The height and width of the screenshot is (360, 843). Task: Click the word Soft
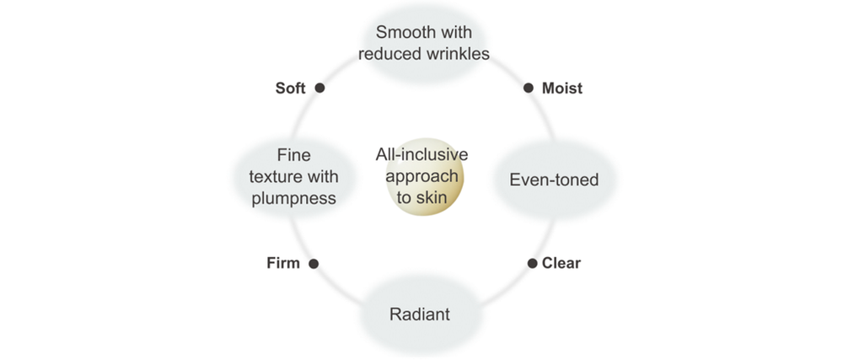pos(290,88)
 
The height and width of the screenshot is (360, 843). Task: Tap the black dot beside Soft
pos(319,88)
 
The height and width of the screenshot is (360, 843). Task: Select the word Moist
pos(562,88)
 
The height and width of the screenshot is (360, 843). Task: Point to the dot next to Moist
pos(529,88)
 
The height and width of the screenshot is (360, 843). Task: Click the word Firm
pos(282,263)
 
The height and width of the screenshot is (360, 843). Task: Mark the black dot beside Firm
pos(314,264)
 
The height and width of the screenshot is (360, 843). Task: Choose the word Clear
pos(561,263)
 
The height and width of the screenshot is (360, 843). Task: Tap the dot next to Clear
pos(532,264)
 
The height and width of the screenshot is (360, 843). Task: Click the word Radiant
pos(420,315)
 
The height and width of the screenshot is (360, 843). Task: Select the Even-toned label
pos(554,180)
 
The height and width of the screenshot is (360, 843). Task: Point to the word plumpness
pos(295,199)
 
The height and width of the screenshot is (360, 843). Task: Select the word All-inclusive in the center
pos(421,155)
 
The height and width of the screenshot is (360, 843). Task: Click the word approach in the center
pos(421,176)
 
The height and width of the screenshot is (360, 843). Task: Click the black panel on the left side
pos(102,180)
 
